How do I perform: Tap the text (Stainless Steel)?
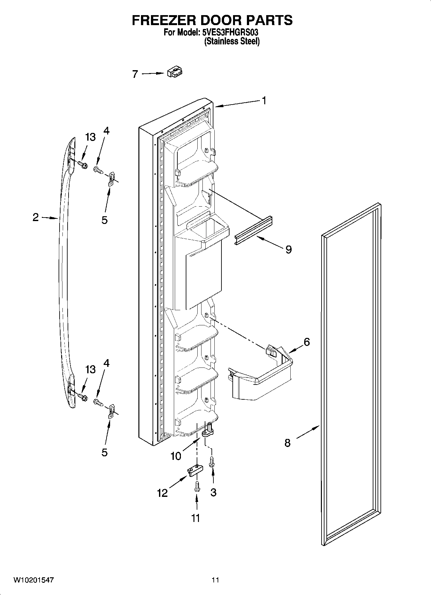tap(232, 41)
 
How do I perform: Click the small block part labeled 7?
tap(174, 72)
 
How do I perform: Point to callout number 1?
tap(264, 101)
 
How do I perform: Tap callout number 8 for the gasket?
tap(287, 443)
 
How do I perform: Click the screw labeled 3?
tap(212, 462)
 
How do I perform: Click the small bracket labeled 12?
tap(195, 471)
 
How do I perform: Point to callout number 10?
tap(176, 456)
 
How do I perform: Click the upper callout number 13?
tap(90, 137)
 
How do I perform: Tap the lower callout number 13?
tap(90, 369)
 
